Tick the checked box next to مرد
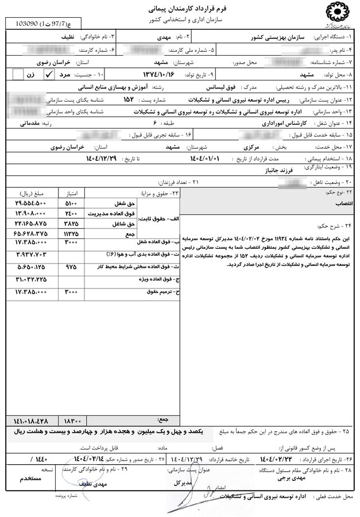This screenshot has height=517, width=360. coord(49,74)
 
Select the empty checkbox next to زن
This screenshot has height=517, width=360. coord(18,74)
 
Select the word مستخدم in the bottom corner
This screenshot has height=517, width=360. coord(28,477)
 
